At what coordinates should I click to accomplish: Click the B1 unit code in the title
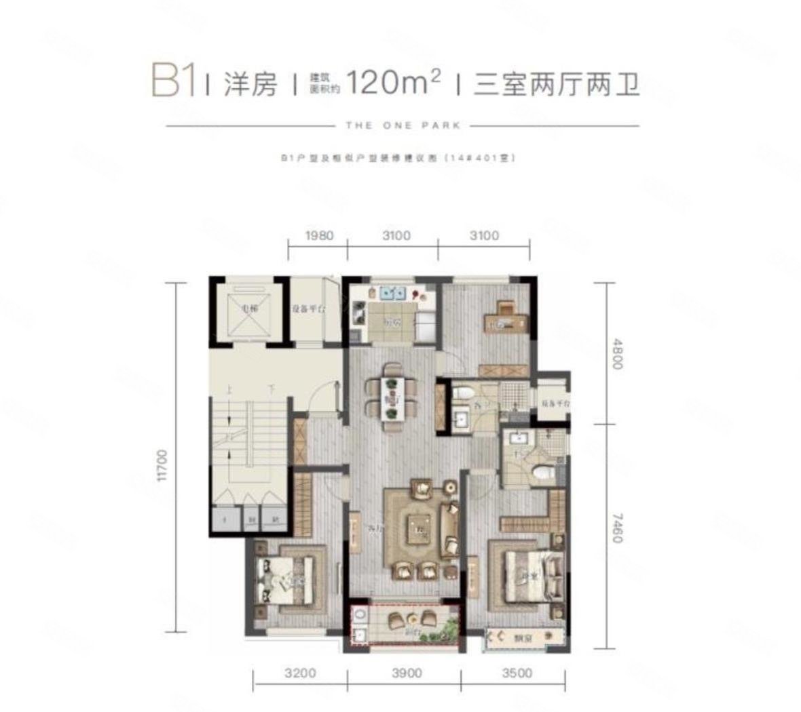(174, 81)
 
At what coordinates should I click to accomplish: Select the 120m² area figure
(393, 83)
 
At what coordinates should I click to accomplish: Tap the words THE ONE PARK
(403, 125)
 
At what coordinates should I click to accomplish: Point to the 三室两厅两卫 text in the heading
(557, 85)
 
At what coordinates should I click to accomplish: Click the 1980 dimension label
(319, 235)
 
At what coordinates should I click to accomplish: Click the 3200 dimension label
(299, 673)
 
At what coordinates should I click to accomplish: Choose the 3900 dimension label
(406, 673)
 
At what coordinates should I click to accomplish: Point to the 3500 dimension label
(517, 673)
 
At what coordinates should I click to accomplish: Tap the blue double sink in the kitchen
(391, 294)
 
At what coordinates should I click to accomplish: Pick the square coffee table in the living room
(419, 529)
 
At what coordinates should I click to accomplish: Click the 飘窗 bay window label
(522, 637)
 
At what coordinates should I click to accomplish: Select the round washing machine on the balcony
(360, 616)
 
